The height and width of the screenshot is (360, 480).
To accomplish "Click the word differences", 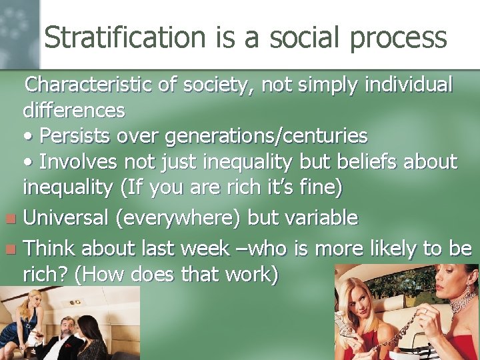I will pos(73,110).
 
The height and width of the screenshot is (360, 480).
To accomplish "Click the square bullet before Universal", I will pos(9,219).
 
